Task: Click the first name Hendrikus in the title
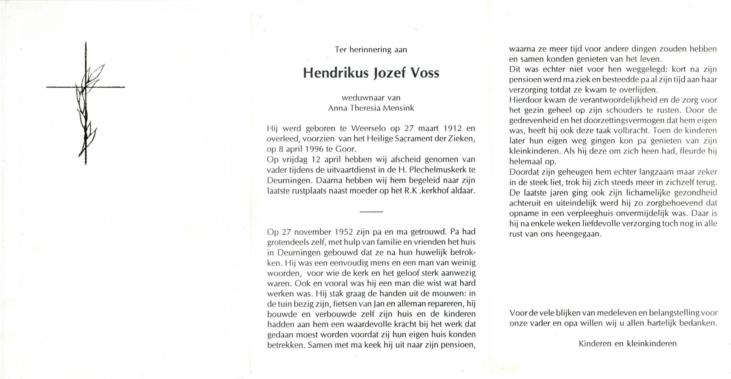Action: point(336,73)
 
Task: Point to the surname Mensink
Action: point(398,108)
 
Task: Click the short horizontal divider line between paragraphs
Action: point(371,211)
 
